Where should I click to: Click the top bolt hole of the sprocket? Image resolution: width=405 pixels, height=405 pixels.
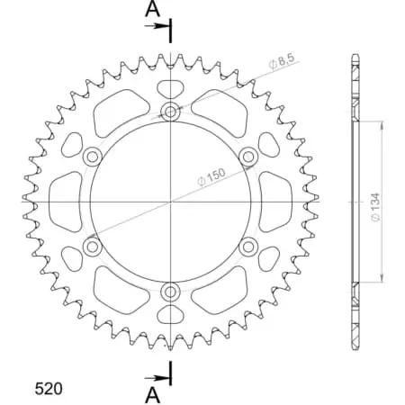click(170, 112)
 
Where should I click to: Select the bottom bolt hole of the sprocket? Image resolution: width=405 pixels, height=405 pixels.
click(170, 291)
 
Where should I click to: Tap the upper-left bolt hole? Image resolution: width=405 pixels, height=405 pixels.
click(92, 157)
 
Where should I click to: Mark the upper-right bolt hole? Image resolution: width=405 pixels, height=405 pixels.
click(247, 157)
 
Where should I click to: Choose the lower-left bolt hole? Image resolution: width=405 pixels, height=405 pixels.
click(92, 246)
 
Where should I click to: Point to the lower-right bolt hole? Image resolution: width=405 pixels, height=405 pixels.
click(247, 246)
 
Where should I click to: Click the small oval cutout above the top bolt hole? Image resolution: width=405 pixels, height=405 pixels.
click(170, 88)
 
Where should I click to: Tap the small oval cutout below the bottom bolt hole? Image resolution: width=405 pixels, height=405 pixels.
click(170, 315)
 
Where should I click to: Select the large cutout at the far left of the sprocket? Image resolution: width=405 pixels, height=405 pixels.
click(64, 201)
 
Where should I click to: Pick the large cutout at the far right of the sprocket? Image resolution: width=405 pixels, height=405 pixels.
click(275, 201)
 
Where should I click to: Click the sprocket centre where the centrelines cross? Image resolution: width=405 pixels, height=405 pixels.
click(170, 201)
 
